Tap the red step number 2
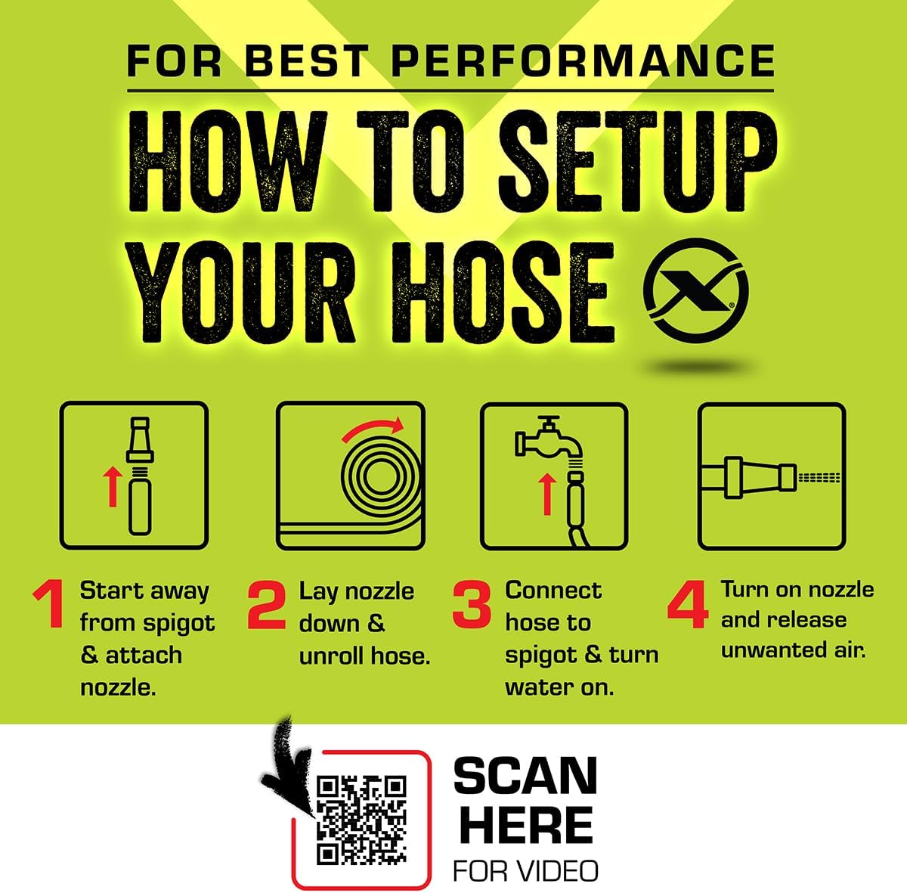267,605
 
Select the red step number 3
472,604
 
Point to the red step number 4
688,604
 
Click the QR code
361,820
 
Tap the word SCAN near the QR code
525,776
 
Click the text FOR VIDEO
525,870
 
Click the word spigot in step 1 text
178,623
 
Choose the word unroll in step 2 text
330,656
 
